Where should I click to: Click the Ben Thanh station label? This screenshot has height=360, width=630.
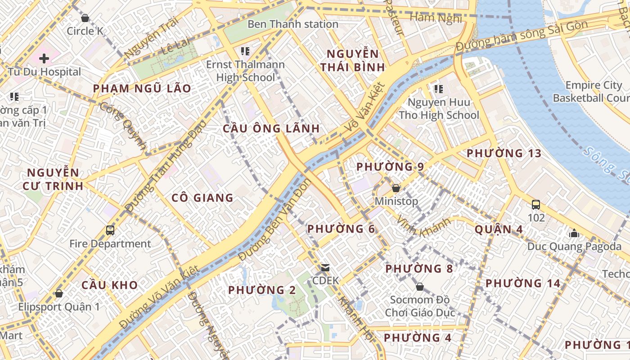click(292, 24)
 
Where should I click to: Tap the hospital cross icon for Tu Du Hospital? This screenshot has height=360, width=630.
click(44, 58)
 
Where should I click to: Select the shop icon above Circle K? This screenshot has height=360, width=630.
click(85, 18)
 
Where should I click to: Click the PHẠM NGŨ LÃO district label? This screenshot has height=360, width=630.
click(142, 89)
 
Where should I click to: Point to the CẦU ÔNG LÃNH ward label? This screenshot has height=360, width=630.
click(271, 129)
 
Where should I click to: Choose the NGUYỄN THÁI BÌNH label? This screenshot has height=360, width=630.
click(355, 61)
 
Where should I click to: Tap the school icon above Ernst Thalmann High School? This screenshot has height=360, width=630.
click(245, 51)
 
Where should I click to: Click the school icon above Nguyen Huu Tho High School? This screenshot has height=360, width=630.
click(439, 89)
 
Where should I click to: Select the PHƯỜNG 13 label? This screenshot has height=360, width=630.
click(504, 153)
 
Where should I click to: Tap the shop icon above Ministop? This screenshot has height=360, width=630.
click(396, 188)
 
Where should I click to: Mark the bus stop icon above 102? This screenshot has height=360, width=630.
click(535, 205)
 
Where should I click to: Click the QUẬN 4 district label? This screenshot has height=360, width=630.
click(499, 229)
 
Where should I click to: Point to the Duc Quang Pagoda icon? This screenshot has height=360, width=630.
click(574, 234)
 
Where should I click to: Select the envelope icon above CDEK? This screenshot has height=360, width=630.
click(325, 268)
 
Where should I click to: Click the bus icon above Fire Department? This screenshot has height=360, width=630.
click(110, 230)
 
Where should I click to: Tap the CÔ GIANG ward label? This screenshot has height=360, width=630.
click(202, 198)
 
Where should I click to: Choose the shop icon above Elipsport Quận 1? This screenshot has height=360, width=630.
click(58, 294)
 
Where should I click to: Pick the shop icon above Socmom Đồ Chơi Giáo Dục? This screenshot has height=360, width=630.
click(419, 287)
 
